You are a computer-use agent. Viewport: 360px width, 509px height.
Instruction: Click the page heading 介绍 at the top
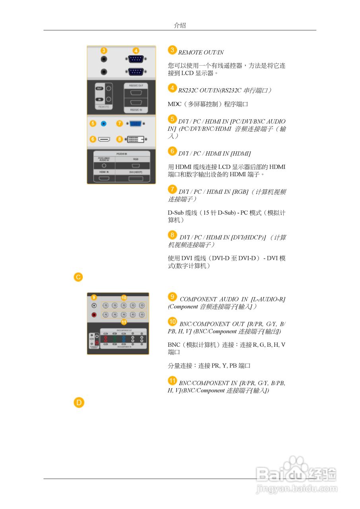click(180, 25)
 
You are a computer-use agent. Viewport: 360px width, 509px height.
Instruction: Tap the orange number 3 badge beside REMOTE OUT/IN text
click(172, 50)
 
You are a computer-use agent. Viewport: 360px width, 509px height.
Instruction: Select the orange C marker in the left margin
click(78, 277)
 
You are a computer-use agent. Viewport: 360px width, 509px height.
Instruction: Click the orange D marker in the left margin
click(78, 403)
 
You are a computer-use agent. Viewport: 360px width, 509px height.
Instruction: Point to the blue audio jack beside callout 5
click(104, 124)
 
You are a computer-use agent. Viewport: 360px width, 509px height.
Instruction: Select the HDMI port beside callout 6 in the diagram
click(104, 140)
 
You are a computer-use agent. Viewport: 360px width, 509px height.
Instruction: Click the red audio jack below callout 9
click(94, 315)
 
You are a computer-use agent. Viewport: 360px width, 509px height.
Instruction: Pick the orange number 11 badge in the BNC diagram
click(124, 322)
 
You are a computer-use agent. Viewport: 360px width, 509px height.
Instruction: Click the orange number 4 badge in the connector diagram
click(136, 51)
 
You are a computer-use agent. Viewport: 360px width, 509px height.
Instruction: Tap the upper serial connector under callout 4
click(136, 59)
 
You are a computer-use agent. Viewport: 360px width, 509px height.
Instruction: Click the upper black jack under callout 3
click(104, 59)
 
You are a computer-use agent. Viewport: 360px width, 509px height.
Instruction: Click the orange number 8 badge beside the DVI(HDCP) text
click(172, 235)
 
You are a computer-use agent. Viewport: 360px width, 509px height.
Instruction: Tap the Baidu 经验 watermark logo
click(296, 473)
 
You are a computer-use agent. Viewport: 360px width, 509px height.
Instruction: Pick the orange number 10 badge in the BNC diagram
click(124, 297)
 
